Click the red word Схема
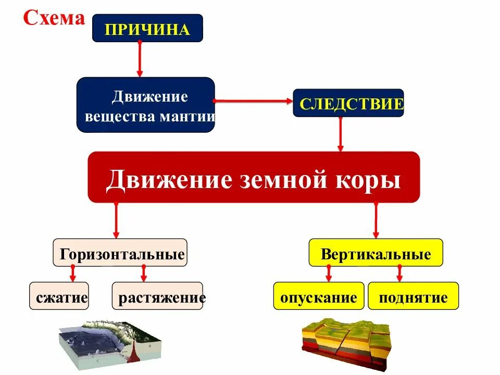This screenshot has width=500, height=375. [x=54, y=19]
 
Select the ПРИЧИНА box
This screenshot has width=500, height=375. [x=147, y=29]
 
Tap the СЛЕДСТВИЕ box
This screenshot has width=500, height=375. [x=348, y=103]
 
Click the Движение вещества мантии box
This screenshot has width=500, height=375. [x=146, y=105]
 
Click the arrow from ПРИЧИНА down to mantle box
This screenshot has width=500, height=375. [x=140, y=59]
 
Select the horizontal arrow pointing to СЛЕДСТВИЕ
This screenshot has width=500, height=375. [x=254, y=101]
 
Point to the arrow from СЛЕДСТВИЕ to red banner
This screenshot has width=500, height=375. [x=341, y=134]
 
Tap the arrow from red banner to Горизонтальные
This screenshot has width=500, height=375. [x=116, y=220]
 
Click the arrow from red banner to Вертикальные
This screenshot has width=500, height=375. [x=376, y=220]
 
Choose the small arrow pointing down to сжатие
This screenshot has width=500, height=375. [x=73, y=274]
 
